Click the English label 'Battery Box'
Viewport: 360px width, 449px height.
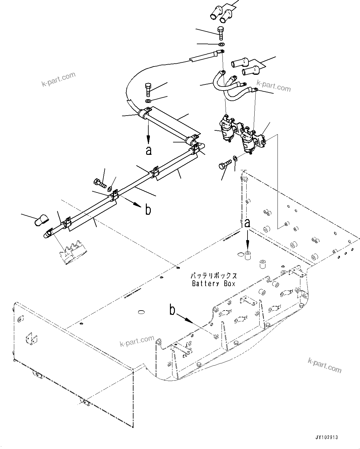(214, 283)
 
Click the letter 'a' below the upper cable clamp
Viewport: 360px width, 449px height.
(149, 150)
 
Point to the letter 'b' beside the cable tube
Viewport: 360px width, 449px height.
(148, 210)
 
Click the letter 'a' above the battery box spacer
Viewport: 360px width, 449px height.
(246, 223)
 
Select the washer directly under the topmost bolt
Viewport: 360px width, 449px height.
(221, 44)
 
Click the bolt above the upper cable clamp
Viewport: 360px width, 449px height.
(148, 89)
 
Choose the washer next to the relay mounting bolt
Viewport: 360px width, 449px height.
(235, 159)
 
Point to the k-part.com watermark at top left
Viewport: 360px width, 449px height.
(58, 79)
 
